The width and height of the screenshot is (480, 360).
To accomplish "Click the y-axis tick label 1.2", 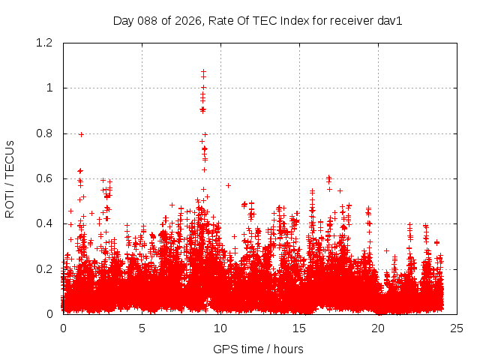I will (x=46, y=43).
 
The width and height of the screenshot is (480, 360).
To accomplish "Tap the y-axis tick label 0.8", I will (x=46, y=133).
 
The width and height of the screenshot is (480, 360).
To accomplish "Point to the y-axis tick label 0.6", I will (x=46, y=178).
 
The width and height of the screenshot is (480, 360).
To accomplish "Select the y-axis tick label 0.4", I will (x=46, y=223).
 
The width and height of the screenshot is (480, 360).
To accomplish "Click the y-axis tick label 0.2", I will (x=46, y=268).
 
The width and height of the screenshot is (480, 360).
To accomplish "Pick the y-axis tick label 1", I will (x=52, y=88).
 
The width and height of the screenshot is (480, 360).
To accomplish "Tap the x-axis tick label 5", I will (x=142, y=328).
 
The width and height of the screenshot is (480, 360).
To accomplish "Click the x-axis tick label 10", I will (x=220, y=328).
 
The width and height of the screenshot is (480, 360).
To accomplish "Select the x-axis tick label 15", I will (x=299, y=328).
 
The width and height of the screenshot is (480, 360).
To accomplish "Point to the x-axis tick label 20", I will (x=378, y=328).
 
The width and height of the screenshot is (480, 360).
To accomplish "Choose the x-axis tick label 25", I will (x=457, y=328).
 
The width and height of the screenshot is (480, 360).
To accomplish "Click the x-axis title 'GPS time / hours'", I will (x=258, y=349).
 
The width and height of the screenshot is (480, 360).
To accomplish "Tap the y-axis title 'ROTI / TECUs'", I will (x=10, y=178).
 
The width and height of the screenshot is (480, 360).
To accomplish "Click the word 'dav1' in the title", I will (x=390, y=20).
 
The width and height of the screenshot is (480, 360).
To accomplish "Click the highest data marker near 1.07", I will (x=203, y=72).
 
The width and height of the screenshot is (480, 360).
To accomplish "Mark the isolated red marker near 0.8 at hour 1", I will (x=81, y=134).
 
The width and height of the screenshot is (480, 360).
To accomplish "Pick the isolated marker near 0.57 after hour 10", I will (x=228, y=185).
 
